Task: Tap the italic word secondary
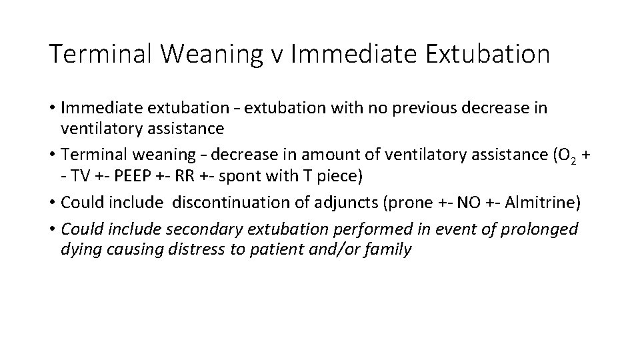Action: pyautogui.click(x=197, y=229)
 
